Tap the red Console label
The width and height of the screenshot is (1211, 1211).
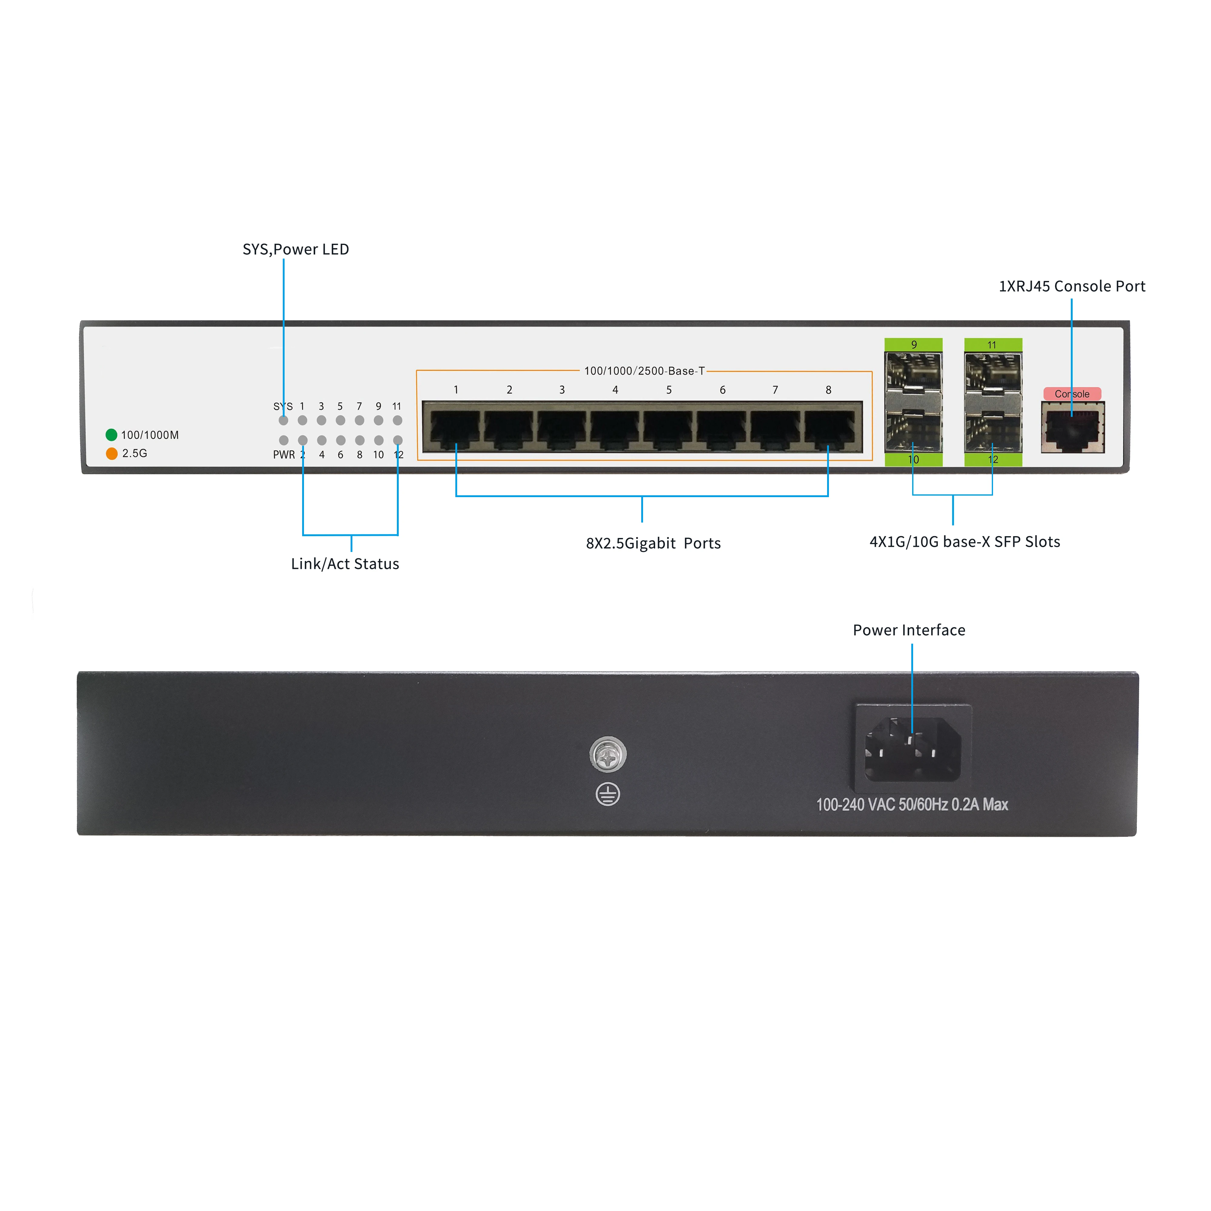pos(1072,394)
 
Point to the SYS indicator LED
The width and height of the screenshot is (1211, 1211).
pos(283,421)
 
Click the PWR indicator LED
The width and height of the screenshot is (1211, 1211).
pos(283,440)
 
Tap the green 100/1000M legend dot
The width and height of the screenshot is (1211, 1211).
pos(112,434)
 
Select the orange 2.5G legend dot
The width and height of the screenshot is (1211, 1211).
pos(112,453)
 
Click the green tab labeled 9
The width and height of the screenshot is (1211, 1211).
pos(913,344)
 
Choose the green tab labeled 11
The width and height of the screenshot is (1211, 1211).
pos(993,344)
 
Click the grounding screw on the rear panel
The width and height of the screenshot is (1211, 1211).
pos(607,754)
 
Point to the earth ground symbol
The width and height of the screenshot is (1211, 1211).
pos(607,794)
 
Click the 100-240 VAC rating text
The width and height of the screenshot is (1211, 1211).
pos(912,805)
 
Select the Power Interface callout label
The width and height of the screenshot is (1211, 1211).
pos(909,630)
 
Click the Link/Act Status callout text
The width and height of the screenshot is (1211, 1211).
pos(345,563)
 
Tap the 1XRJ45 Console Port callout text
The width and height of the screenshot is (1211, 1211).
pos(1072,286)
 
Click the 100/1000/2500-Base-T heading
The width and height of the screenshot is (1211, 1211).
pos(644,371)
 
